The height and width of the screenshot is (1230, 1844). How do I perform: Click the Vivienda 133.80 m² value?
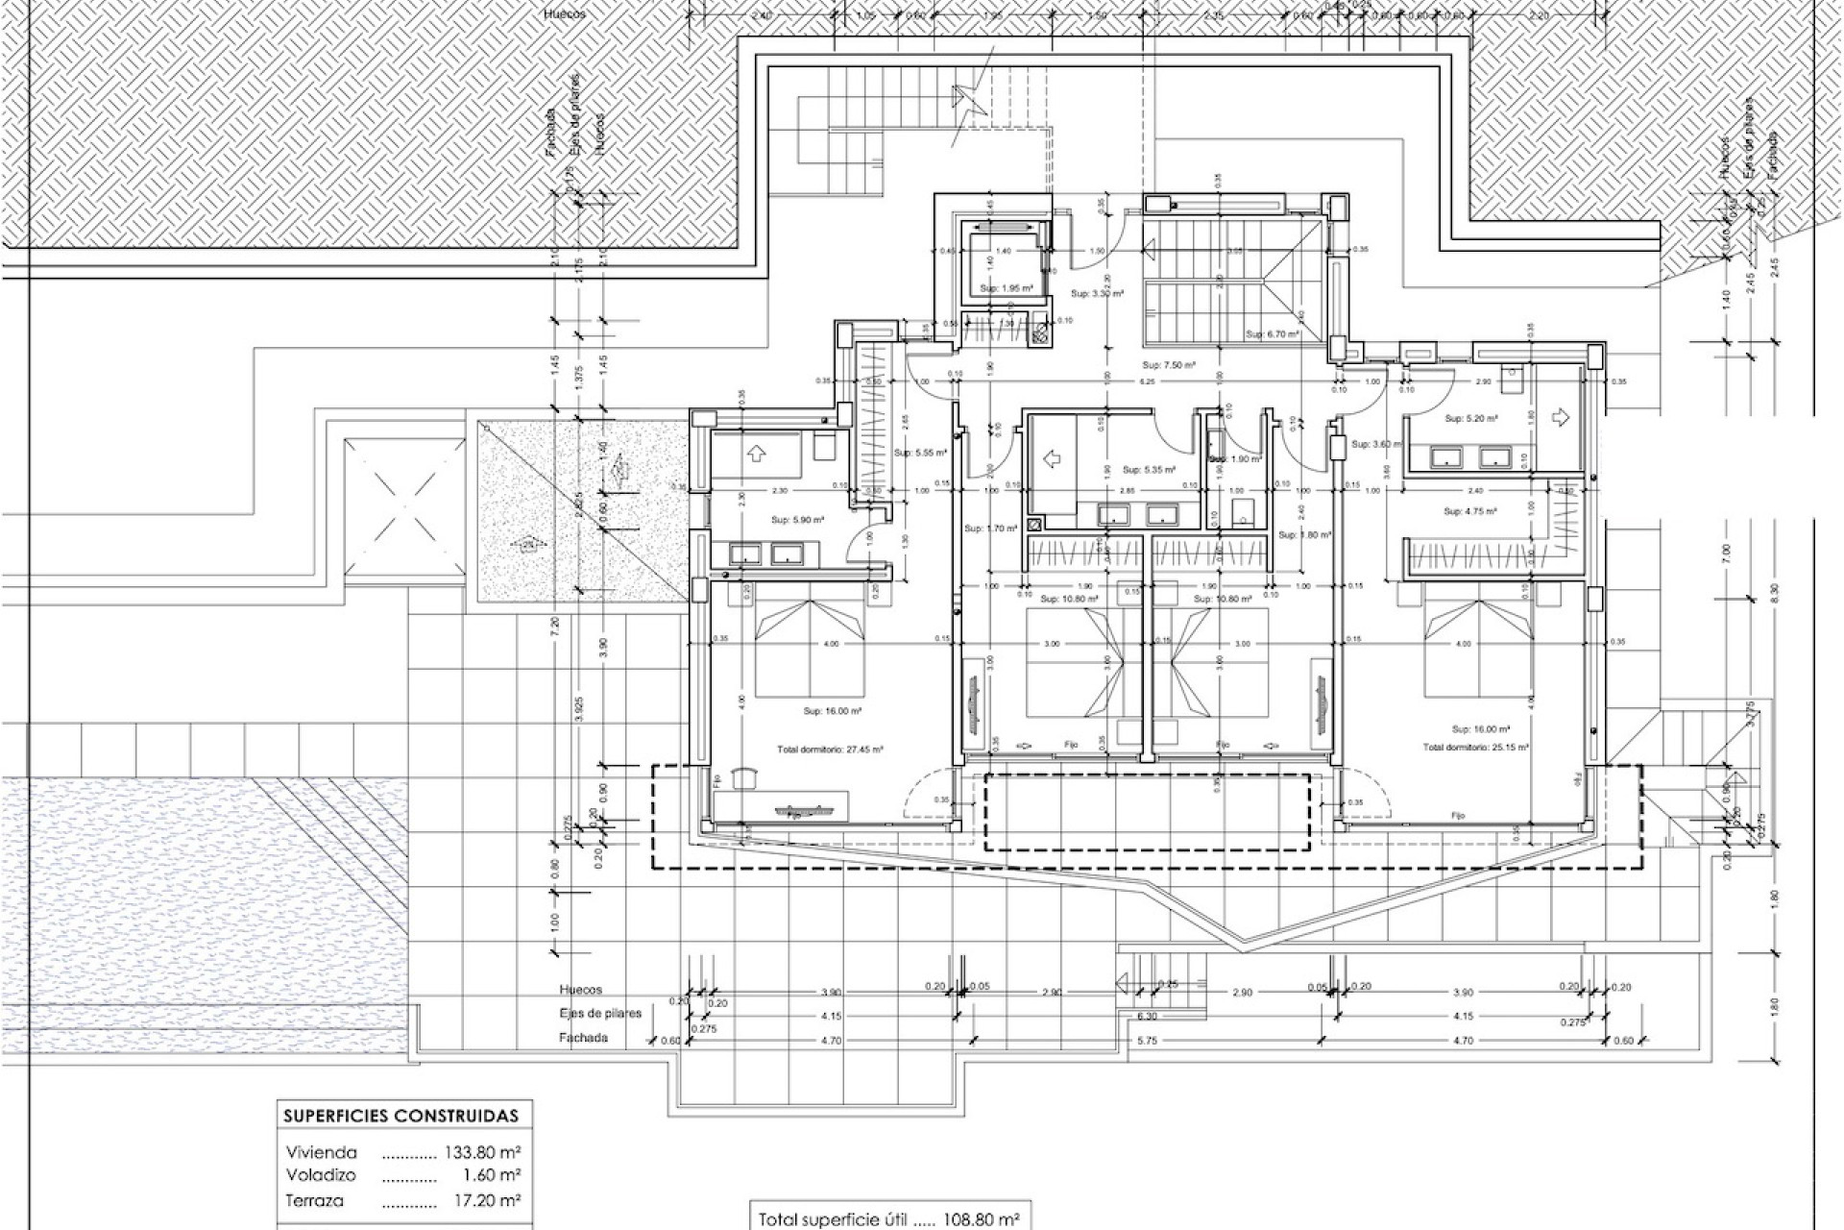point(483,1152)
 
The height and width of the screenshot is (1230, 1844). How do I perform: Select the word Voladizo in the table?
point(321,1175)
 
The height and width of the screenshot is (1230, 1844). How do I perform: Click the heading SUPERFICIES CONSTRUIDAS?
point(400,1116)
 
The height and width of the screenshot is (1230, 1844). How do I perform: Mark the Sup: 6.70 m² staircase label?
point(1273,334)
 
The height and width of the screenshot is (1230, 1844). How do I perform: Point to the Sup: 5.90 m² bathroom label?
point(797,520)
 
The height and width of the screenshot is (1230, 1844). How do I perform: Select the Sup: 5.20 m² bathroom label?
point(1470,419)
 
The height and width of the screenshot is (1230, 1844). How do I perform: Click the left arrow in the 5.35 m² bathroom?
point(1054,460)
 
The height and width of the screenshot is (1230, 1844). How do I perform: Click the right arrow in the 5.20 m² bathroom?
point(1560,416)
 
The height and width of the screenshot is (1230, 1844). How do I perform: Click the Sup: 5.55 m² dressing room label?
point(920,452)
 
